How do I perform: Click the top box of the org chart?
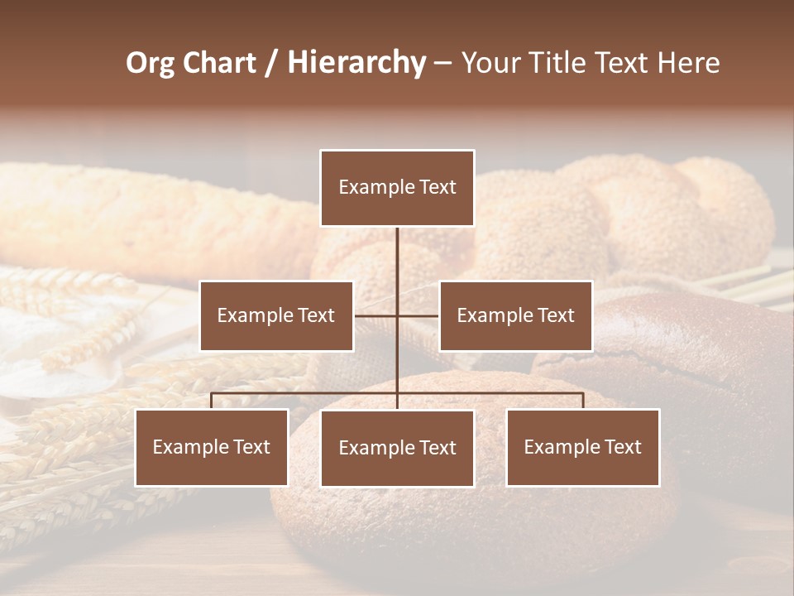(x=397, y=188)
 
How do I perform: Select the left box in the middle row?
(x=276, y=316)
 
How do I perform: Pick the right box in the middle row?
(x=515, y=316)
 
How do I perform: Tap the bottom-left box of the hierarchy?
(x=212, y=448)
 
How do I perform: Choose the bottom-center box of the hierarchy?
(x=397, y=449)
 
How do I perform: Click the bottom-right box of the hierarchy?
(x=582, y=448)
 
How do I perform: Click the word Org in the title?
(x=150, y=63)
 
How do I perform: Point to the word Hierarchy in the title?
(x=356, y=63)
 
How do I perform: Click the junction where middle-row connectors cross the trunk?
(x=397, y=315)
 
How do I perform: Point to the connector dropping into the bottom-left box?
(x=212, y=401)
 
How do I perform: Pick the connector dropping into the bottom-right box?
(x=583, y=401)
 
